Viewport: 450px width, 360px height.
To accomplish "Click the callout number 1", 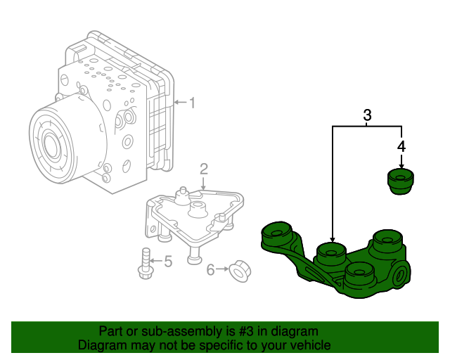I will tap(191, 103).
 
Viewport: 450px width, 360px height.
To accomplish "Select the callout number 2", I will tap(203, 169).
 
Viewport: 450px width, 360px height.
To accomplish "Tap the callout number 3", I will tap(366, 115).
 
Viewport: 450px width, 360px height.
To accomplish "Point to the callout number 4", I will tap(401, 146).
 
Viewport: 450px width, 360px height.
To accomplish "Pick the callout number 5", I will tap(167, 262).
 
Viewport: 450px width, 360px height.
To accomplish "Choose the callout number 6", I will tap(210, 269).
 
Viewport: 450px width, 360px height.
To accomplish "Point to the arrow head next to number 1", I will tap(176, 103).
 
